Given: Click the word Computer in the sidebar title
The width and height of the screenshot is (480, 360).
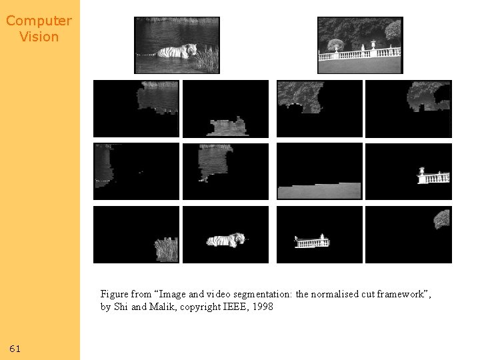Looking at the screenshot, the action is point(39,21).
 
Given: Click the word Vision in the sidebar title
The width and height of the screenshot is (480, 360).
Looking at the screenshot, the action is point(39,37).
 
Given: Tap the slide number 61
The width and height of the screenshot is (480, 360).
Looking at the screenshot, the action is point(15,349).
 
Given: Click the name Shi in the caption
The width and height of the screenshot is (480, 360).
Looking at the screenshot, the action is point(121,307).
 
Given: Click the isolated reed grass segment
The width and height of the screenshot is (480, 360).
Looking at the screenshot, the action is point(166,249).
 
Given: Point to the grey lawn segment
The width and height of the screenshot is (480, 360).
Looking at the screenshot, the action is point(319,191).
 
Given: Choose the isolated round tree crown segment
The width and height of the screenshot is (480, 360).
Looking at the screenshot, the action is point(442,219).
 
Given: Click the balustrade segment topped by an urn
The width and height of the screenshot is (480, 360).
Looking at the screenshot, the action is point(433,176).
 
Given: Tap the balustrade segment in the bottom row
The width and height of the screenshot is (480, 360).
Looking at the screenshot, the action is point(312,241).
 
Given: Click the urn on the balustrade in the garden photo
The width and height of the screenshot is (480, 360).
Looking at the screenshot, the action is point(373,45).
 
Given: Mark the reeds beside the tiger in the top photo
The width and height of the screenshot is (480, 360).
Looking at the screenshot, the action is point(207,59).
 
